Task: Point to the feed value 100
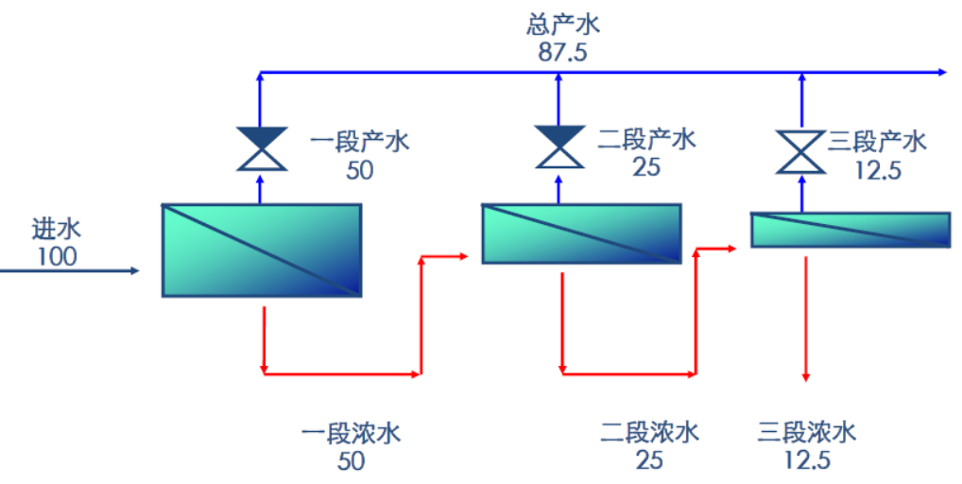[57, 255]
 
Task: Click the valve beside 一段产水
[261, 147]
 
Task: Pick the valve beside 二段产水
[558, 147]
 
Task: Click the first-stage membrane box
[261, 250]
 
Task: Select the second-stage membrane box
[580, 233]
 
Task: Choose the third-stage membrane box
[850, 230]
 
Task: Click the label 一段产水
[359, 143]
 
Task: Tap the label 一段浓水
[351, 435]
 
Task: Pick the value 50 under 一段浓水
[351, 461]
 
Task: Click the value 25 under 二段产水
[646, 168]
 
